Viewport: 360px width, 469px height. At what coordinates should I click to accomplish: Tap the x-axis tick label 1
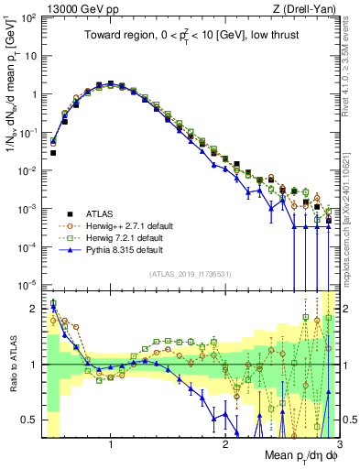pos(110,445)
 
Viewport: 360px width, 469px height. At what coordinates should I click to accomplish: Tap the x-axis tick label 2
pos(224,445)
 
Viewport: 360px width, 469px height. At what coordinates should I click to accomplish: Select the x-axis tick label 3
pos(337,445)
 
